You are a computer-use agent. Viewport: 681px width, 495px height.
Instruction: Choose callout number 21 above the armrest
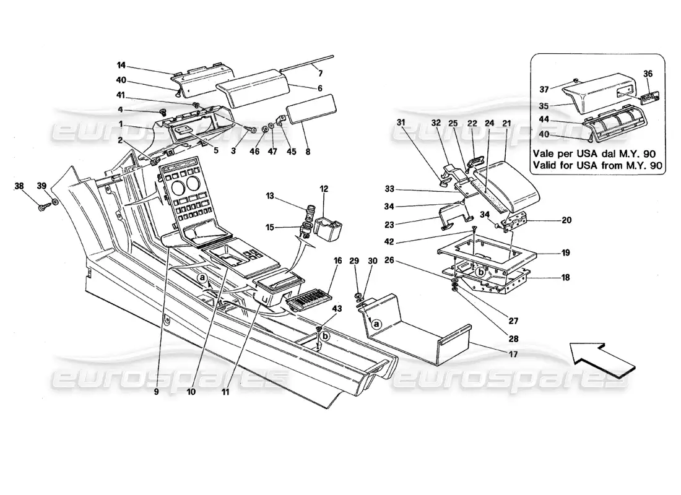pos(506,124)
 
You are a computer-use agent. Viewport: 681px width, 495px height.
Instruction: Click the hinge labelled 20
pos(515,221)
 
